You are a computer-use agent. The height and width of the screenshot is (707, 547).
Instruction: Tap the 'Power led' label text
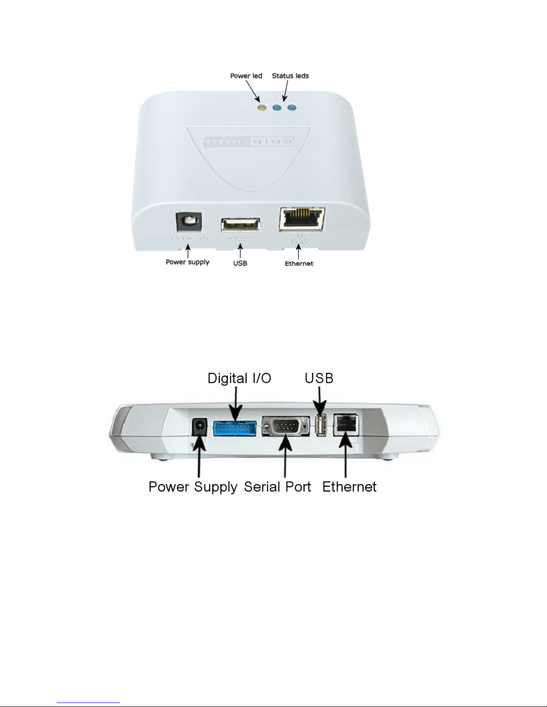246,76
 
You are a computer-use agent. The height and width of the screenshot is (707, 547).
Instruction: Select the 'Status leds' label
290,76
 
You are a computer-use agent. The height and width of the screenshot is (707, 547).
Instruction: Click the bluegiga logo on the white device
249,141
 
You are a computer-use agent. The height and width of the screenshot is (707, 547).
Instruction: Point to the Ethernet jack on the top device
302,219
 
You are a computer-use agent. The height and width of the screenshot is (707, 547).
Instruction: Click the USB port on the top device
241,225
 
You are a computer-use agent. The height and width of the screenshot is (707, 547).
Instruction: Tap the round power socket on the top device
188,222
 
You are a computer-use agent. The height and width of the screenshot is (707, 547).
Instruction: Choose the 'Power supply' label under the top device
188,262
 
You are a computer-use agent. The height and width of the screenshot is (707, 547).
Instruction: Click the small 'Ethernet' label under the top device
299,264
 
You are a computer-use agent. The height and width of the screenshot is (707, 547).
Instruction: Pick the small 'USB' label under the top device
240,263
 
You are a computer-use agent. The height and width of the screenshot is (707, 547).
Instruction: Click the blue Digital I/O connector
235,429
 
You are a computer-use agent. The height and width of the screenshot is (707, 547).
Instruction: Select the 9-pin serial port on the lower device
285,426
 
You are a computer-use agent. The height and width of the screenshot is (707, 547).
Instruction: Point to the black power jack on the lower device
199,426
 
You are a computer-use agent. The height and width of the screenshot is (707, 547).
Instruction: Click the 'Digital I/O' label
239,378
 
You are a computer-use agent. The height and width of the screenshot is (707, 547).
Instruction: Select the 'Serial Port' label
277,487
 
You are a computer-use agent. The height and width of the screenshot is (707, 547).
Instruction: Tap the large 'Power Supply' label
193,488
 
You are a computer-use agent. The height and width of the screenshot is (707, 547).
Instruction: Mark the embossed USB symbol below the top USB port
241,239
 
